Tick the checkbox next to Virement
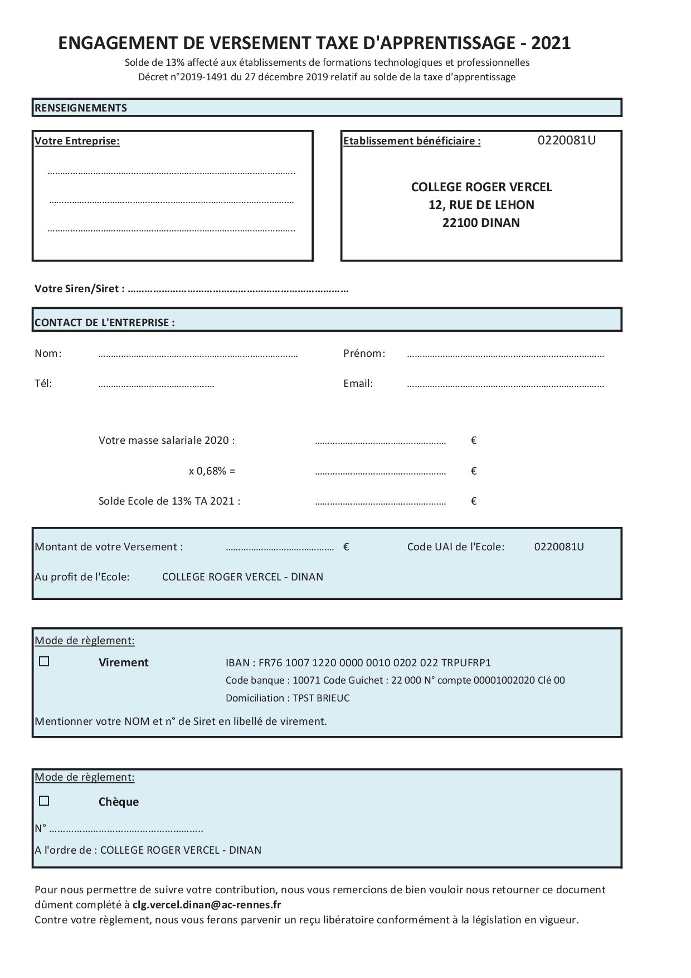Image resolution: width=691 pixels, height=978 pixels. pyautogui.click(x=44, y=662)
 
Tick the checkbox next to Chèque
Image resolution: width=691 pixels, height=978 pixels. pyautogui.click(x=44, y=801)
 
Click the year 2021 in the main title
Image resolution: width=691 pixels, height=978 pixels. pyautogui.click(x=551, y=43)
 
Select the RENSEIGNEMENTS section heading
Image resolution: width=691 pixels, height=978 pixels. pyautogui.click(x=81, y=108)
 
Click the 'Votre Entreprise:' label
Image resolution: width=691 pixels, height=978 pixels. pyautogui.click(x=77, y=141)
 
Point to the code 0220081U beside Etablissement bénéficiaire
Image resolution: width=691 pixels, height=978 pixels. pyautogui.click(x=566, y=141)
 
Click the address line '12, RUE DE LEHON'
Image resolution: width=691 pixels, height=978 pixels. pyautogui.click(x=481, y=205)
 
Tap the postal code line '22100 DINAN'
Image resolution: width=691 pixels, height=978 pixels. pyautogui.click(x=481, y=222)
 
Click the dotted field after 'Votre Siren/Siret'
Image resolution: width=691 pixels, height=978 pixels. pyautogui.click(x=238, y=289)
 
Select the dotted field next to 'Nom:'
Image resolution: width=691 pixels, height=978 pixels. pyautogui.click(x=198, y=354)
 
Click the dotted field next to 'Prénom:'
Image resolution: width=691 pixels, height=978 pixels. pyautogui.click(x=505, y=354)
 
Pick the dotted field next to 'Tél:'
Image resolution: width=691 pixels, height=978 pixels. pyautogui.click(x=156, y=384)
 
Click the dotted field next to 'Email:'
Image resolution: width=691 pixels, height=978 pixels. pyautogui.click(x=505, y=384)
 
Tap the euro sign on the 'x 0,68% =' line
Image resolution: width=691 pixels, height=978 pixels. pyautogui.click(x=474, y=471)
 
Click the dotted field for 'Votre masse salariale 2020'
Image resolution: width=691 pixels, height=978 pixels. pyautogui.click(x=380, y=442)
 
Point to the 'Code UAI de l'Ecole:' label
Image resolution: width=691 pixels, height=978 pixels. pyautogui.click(x=455, y=546)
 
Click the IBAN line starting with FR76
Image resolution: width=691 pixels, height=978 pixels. pyautogui.click(x=358, y=662)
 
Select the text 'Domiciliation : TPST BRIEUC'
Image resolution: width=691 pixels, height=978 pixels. pyautogui.click(x=288, y=698)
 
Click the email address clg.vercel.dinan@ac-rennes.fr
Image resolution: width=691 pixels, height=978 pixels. pyautogui.click(x=207, y=904)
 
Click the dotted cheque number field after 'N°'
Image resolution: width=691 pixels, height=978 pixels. pyautogui.click(x=126, y=829)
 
